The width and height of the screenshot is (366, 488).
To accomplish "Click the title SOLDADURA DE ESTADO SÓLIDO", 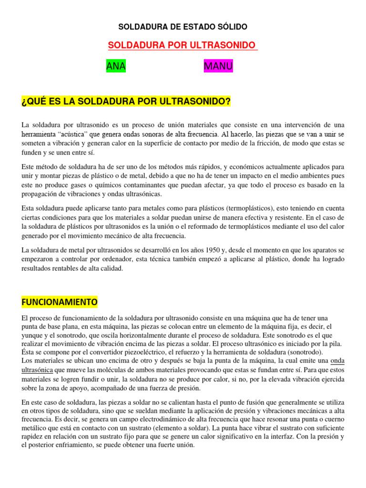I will click(183, 27).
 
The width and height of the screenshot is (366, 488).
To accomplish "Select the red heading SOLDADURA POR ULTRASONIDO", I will click(183, 45).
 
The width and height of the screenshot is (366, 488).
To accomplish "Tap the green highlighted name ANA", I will click(116, 67).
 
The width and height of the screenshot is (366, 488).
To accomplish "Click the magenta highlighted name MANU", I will click(218, 67).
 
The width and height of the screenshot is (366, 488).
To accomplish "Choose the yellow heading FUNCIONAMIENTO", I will click(60, 302).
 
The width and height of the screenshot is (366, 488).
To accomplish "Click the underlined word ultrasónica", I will click(37, 370).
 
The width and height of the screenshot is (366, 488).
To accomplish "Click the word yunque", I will click(32, 335).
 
